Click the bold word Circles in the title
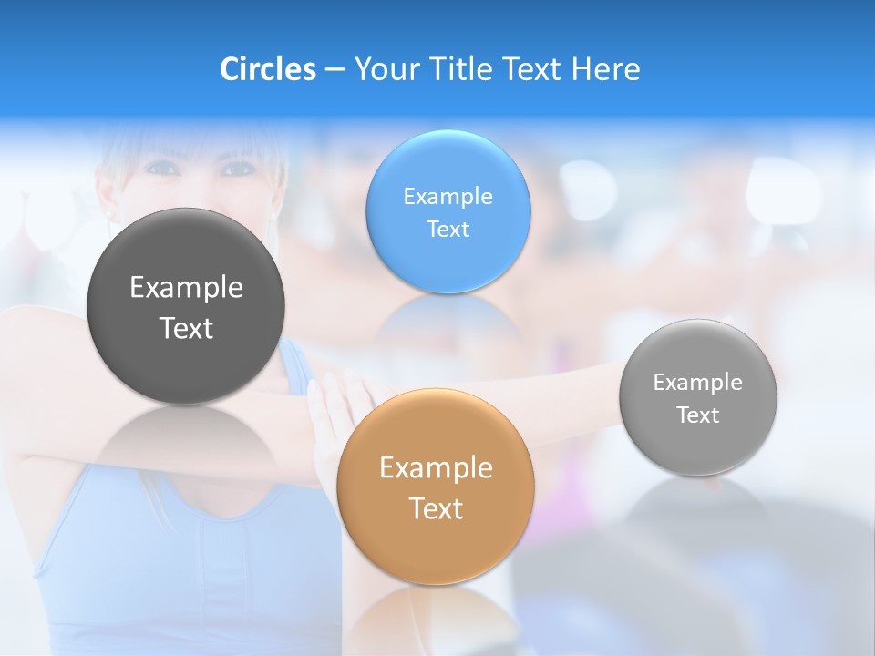pyautogui.click(x=267, y=68)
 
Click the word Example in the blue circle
pyautogui.click(x=448, y=196)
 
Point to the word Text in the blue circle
pyautogui.click(x=448, y=229)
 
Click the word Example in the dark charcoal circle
pyautogui.click(x=186, y=287)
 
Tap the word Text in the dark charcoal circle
pyautogui.click(x=186, y=328)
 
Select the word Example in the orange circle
pyautogui.click(x=436, y=467)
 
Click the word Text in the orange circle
pyautogui.click(x=436, y=508)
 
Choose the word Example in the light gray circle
pyautogui.click(x=698, y=382)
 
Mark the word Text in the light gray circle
pyautogui.click(x=698, y=415)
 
